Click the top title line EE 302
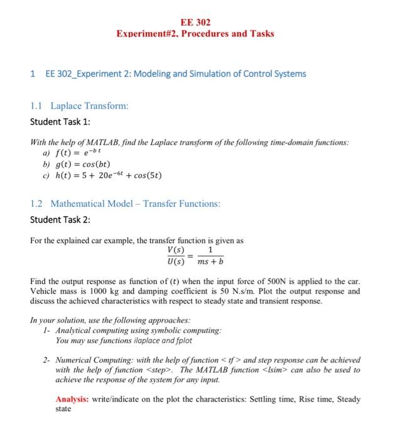tap(195, 22)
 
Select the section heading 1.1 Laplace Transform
tap(79, 106)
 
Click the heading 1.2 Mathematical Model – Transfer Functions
tap(125, 204)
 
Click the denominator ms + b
tap(210, 261)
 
